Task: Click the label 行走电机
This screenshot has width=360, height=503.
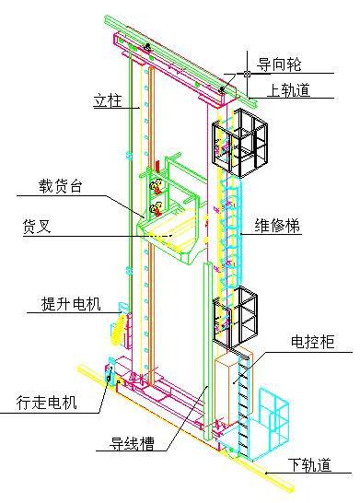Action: click(47, 402)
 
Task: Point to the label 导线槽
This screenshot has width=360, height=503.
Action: click(125, 442)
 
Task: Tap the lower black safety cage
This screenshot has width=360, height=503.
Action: click(238, 319)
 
